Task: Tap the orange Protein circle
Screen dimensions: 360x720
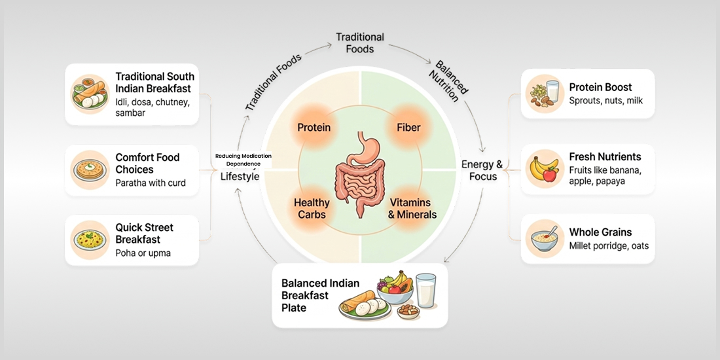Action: click(x=314, y=127)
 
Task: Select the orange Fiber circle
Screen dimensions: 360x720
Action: click(x=408, y=127)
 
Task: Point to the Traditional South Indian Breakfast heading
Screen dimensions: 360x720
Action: click(x=154, y=82)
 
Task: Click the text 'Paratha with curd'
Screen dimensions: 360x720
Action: click(x=151, y=183)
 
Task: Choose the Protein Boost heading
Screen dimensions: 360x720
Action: click(x=600, y=87)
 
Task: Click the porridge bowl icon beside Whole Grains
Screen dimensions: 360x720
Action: click(x=545, y=240)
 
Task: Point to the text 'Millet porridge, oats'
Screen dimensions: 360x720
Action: click(x=609, y=247)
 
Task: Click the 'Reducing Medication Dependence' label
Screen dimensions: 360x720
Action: click(x=243, y=159)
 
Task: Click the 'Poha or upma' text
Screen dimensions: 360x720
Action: click(x=143, y=253)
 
